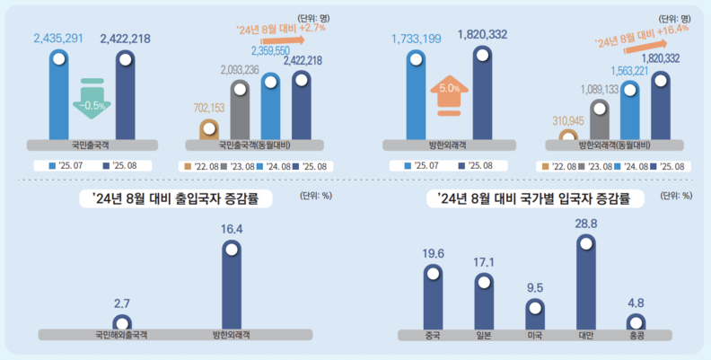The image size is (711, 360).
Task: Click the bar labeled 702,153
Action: (x=208, y=129)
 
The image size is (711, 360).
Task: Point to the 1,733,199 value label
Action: (x=416, y=38)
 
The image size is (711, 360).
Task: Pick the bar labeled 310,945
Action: (x=567, y=136)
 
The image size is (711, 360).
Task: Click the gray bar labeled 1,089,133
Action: (x=599, y=119)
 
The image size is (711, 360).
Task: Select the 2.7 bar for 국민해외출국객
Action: (x=121, y=321)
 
